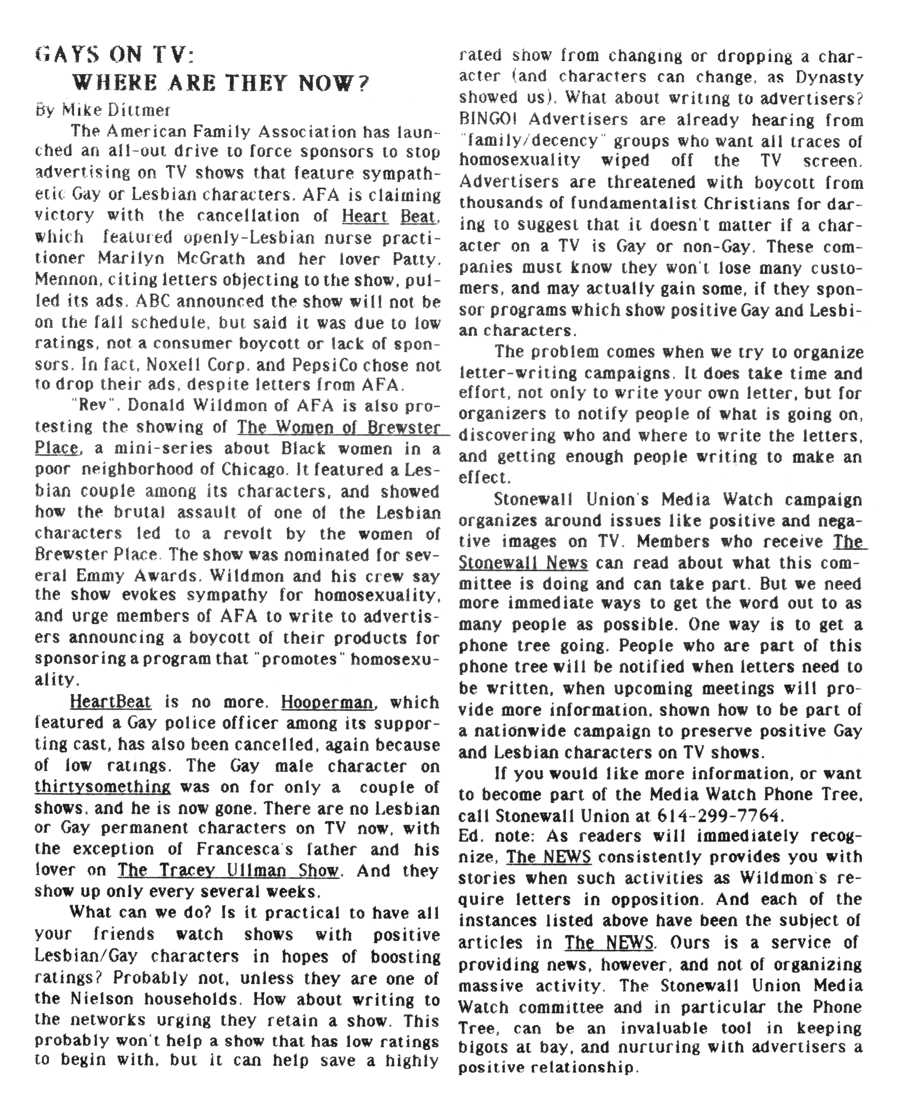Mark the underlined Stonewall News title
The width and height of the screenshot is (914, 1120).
(523, 563)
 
